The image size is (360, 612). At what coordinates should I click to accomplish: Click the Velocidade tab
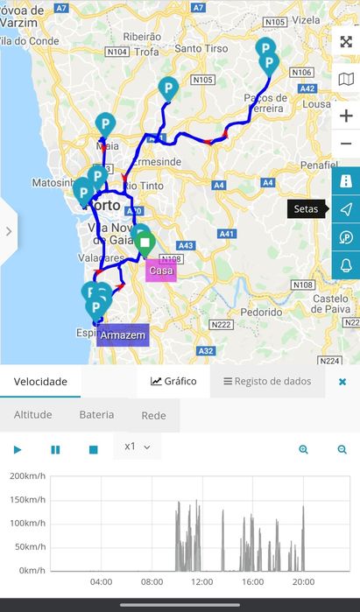pyautogui.click(x=40, y=382)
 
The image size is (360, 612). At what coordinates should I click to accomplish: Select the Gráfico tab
pyautogui.click(x=173, y=381)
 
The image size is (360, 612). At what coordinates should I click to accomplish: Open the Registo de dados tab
pyautogui.click(x=266, y=381)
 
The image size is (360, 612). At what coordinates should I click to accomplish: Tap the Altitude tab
pyautogui.click(x=33, y=415)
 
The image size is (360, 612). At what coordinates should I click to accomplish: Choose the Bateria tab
pyautogui.click(x=96, y=415)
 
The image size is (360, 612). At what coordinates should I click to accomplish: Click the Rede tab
pyautogui.click(x=154, y=416)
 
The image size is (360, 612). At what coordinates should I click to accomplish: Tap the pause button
pyautogui.click(x=55, y=449)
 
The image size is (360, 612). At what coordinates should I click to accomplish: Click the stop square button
pyautogui.click(x=93, y=449)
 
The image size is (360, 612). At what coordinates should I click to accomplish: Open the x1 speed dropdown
pyautogui.click(x=138, y=447)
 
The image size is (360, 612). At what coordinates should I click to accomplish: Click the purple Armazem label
pyautogui.click(x=123, y=335)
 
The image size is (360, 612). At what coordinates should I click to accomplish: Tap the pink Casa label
pyautogui.click(x=161, y=271)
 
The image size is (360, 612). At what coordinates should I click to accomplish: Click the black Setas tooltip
pyautogui.click(x=306, y=208)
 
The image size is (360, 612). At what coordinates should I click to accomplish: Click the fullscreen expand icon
pyautogui.click(x=346, y=42)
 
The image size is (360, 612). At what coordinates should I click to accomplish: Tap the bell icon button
pyautogui.click(x=346, y=265)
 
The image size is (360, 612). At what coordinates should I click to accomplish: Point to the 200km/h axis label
pyautogui.click(x=27, y=475)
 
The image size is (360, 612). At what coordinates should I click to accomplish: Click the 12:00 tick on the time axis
pyautogui.click(x=201, y=581)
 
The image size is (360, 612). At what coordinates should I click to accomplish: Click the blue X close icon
pyautogui.click(x=342, y=382)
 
